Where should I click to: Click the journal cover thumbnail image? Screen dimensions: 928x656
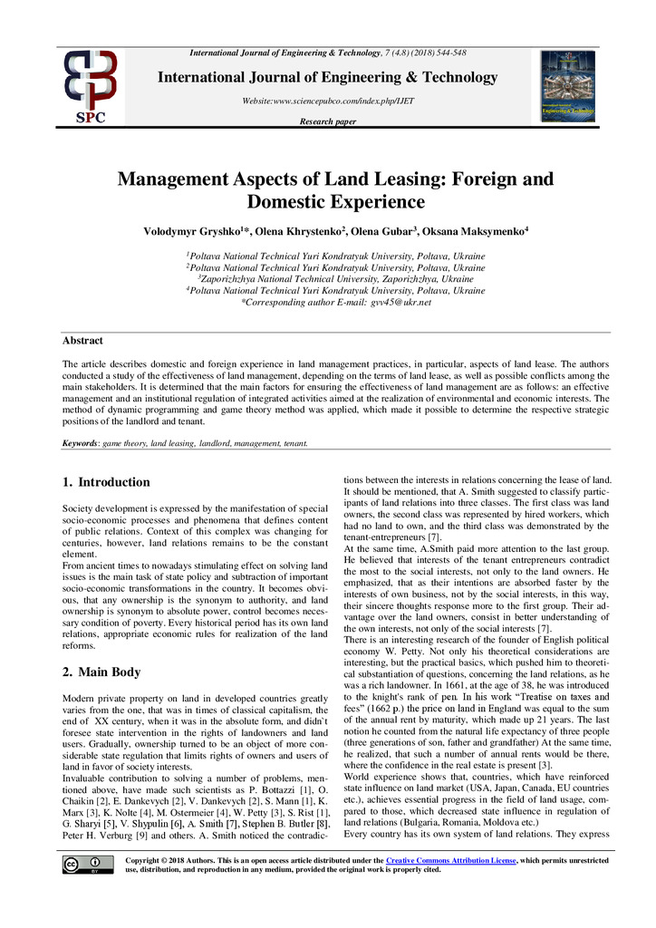pos(567,86)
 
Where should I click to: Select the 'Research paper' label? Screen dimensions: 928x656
pos(327,121)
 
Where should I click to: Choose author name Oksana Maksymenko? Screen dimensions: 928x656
pos(479,232)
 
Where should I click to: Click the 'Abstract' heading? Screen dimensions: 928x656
pos(82,341)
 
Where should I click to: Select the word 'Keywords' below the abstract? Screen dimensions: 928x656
pos(80,444)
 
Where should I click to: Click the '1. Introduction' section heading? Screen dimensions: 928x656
pos(106,483)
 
